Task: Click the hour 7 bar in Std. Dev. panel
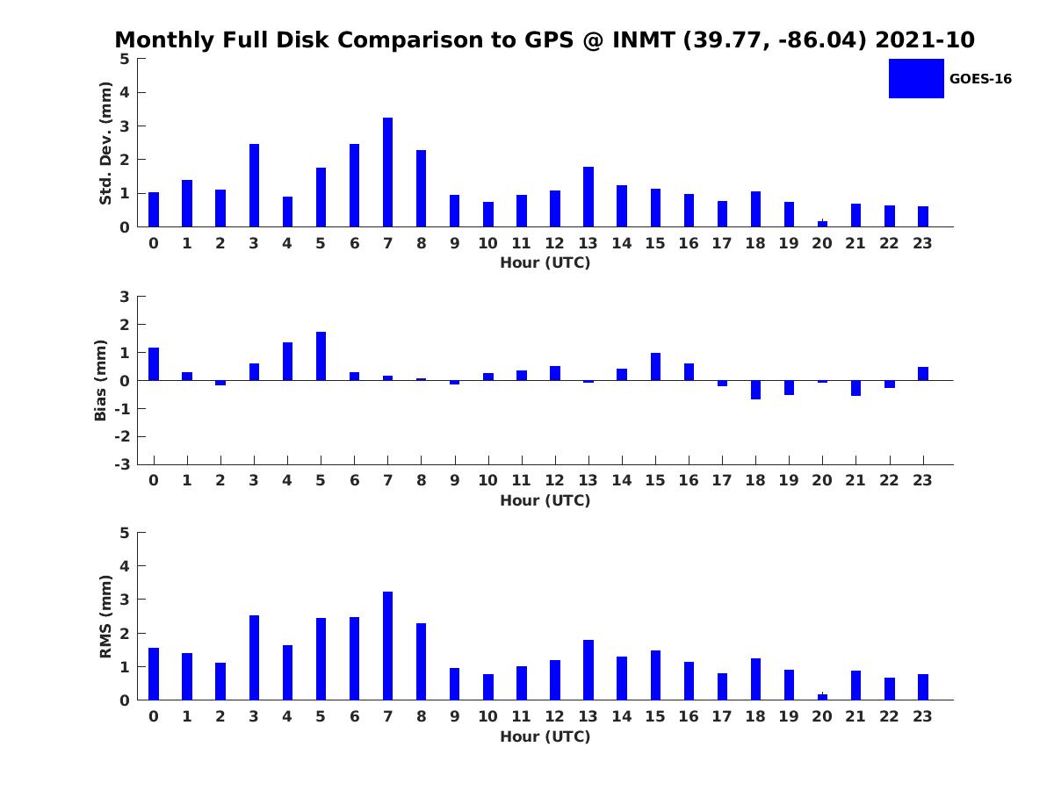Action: pos(387,172)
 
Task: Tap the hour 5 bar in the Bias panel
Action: pos(321,356)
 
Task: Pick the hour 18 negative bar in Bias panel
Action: pos(755,390)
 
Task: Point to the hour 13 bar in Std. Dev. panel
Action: pos(588,197)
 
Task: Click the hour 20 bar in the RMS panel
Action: pos(822,697)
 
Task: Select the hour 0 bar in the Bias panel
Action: pos(154,364)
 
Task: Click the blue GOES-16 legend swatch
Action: pos(915,79)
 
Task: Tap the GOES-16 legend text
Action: pos(980,79)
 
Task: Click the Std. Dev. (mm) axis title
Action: pos(105,143)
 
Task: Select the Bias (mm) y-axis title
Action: pos(101,380)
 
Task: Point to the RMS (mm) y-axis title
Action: pos(105,616)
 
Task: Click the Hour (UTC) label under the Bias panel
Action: pos(545,500)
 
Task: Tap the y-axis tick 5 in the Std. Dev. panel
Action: pos(125,59)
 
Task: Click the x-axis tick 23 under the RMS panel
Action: pos(922,716)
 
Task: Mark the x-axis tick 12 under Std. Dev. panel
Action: pos(554,243)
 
